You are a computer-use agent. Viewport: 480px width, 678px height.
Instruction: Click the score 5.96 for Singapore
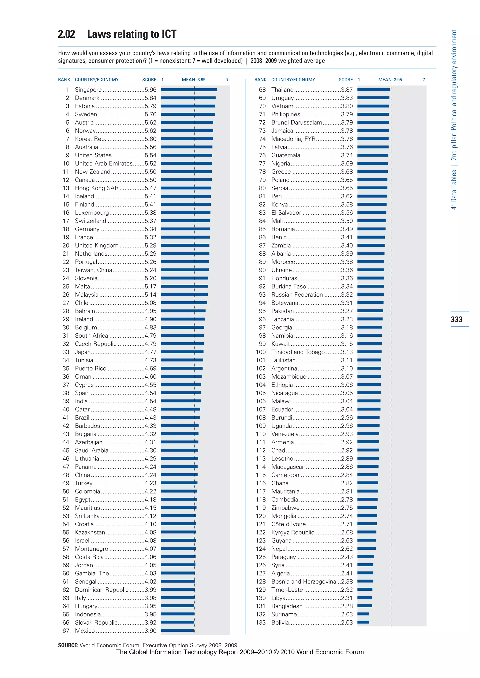pos(150,90)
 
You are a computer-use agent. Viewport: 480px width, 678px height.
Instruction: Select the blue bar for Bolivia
pos(363,622)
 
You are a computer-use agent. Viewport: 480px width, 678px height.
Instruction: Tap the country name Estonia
pos(85,106)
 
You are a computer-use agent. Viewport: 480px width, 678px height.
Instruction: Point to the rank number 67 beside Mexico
pos(66,630)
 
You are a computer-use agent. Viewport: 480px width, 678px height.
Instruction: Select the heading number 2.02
pos(67,34)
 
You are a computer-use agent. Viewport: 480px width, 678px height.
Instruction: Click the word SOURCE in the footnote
pos(68,645)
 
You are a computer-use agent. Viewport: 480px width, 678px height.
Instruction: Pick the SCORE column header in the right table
pos(345,80)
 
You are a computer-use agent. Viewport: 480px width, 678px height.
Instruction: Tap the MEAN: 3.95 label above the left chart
pos(194,80)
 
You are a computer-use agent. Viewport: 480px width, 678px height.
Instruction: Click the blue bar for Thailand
pos(374,89)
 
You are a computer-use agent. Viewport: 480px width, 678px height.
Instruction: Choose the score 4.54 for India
pos(150,401)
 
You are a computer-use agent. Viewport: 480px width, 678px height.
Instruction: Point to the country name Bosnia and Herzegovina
pos(304,582)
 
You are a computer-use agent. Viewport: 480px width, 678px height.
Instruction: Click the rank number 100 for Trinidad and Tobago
pos(261,352)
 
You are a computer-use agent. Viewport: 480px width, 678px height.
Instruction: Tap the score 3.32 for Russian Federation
pos(347,295)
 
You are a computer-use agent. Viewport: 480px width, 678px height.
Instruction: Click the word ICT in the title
pos(169,34)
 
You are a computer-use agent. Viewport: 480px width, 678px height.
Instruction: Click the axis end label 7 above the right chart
pos(424,80)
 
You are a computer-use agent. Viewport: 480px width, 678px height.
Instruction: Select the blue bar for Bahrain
pos(183,311)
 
